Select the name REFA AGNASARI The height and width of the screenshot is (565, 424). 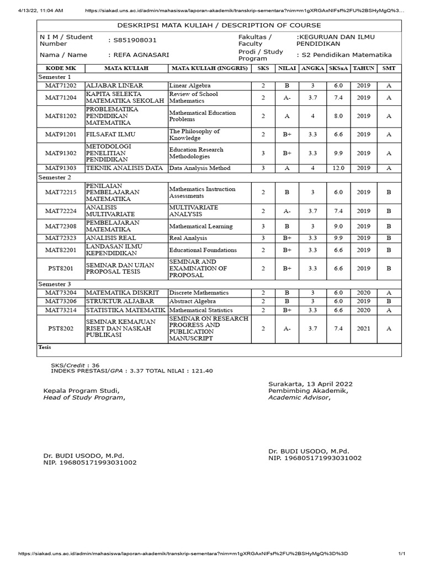tap(138, 55)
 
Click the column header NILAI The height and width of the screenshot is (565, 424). tap(287, 68)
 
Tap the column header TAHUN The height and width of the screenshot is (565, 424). tap(363, 68)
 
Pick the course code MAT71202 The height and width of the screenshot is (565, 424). tap(61, 86)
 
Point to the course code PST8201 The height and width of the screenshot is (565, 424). tap(61, 268)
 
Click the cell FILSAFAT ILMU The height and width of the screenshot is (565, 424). tap(110, 134)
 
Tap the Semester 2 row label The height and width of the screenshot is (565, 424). tap(54, 178)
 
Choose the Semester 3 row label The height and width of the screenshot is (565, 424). tap(54, 284)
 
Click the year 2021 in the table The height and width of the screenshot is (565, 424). tap(363, 328)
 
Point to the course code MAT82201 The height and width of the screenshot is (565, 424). tap(61, 250)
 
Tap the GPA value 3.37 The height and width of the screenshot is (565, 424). tap(135, 371)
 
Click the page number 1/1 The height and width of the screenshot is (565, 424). tap(402, 554)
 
